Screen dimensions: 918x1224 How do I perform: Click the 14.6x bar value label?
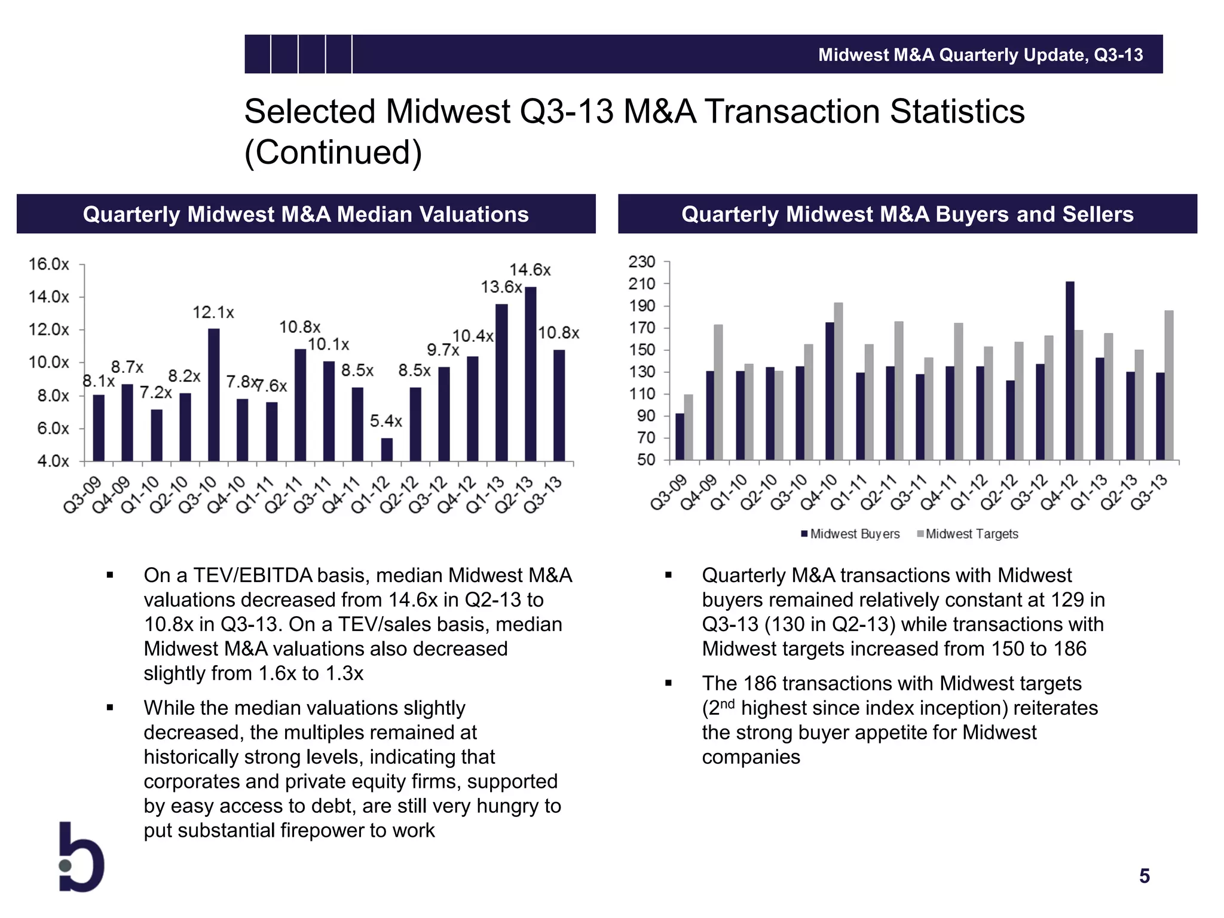530,270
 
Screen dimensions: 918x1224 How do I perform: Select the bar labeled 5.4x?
387,449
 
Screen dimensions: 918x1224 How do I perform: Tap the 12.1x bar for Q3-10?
213,394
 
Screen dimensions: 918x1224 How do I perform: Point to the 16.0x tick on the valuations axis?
48,264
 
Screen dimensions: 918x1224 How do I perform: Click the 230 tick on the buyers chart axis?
641,262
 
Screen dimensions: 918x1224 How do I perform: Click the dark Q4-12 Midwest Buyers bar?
1069,371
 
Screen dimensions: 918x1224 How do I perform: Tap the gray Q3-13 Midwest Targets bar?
1168,385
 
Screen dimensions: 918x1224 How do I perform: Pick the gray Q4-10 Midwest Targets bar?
838,381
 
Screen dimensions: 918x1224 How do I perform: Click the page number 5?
1144,876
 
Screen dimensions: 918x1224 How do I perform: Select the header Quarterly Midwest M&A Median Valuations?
305,214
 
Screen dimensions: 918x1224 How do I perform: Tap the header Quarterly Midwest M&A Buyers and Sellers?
907,214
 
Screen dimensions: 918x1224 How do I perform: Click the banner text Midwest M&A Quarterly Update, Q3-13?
980,55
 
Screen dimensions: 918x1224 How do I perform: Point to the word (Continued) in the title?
333,152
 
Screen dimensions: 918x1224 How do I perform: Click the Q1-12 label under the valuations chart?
371,495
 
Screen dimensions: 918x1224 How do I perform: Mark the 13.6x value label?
501,287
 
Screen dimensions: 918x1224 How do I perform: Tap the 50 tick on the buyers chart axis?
645,460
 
